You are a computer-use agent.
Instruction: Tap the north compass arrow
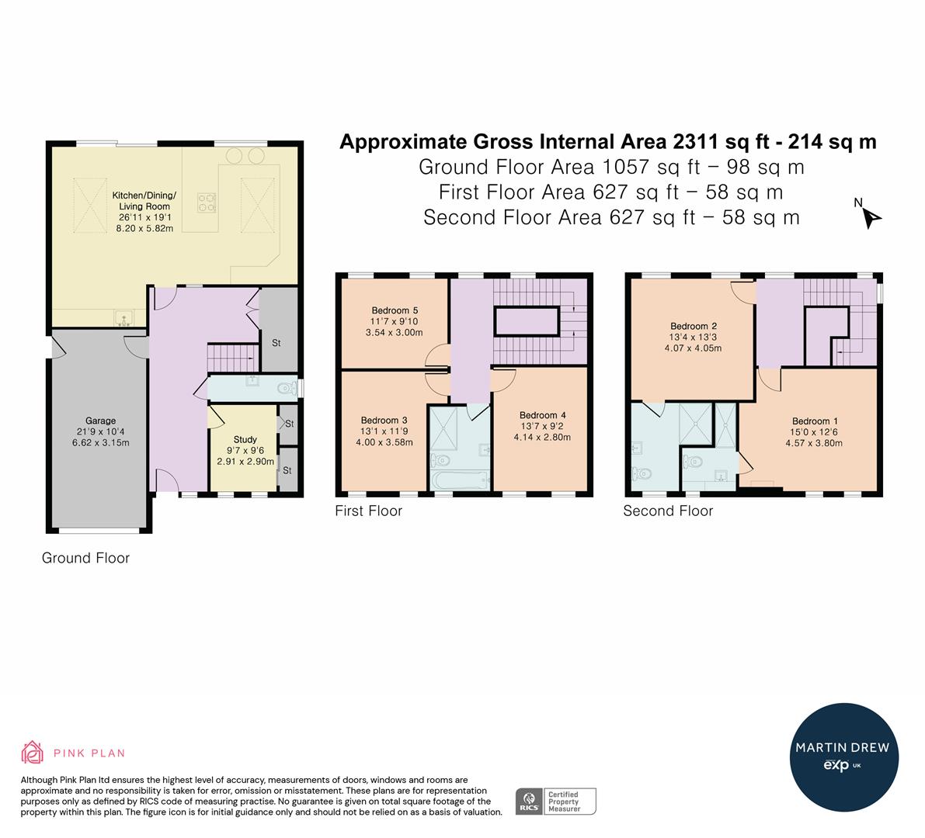pyautogui.click(x=871, y=218)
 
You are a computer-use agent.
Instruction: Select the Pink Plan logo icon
pyautogui.click(x=33, y=752)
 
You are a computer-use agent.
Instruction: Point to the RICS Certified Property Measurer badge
pyautogui.click(x=556, y=801)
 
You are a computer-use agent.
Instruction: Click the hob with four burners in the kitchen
pyautogui.click(x=207, y=202)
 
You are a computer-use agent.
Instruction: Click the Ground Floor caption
pyautogui.click(x=85, y=558)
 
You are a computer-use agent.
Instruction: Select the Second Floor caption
pyautogui.click(x=668, y=511)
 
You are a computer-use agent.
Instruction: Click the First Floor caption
pyautogui.click(x=368, y=511)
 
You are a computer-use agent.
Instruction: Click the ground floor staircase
pyautogui.click(x=231, y=358)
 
